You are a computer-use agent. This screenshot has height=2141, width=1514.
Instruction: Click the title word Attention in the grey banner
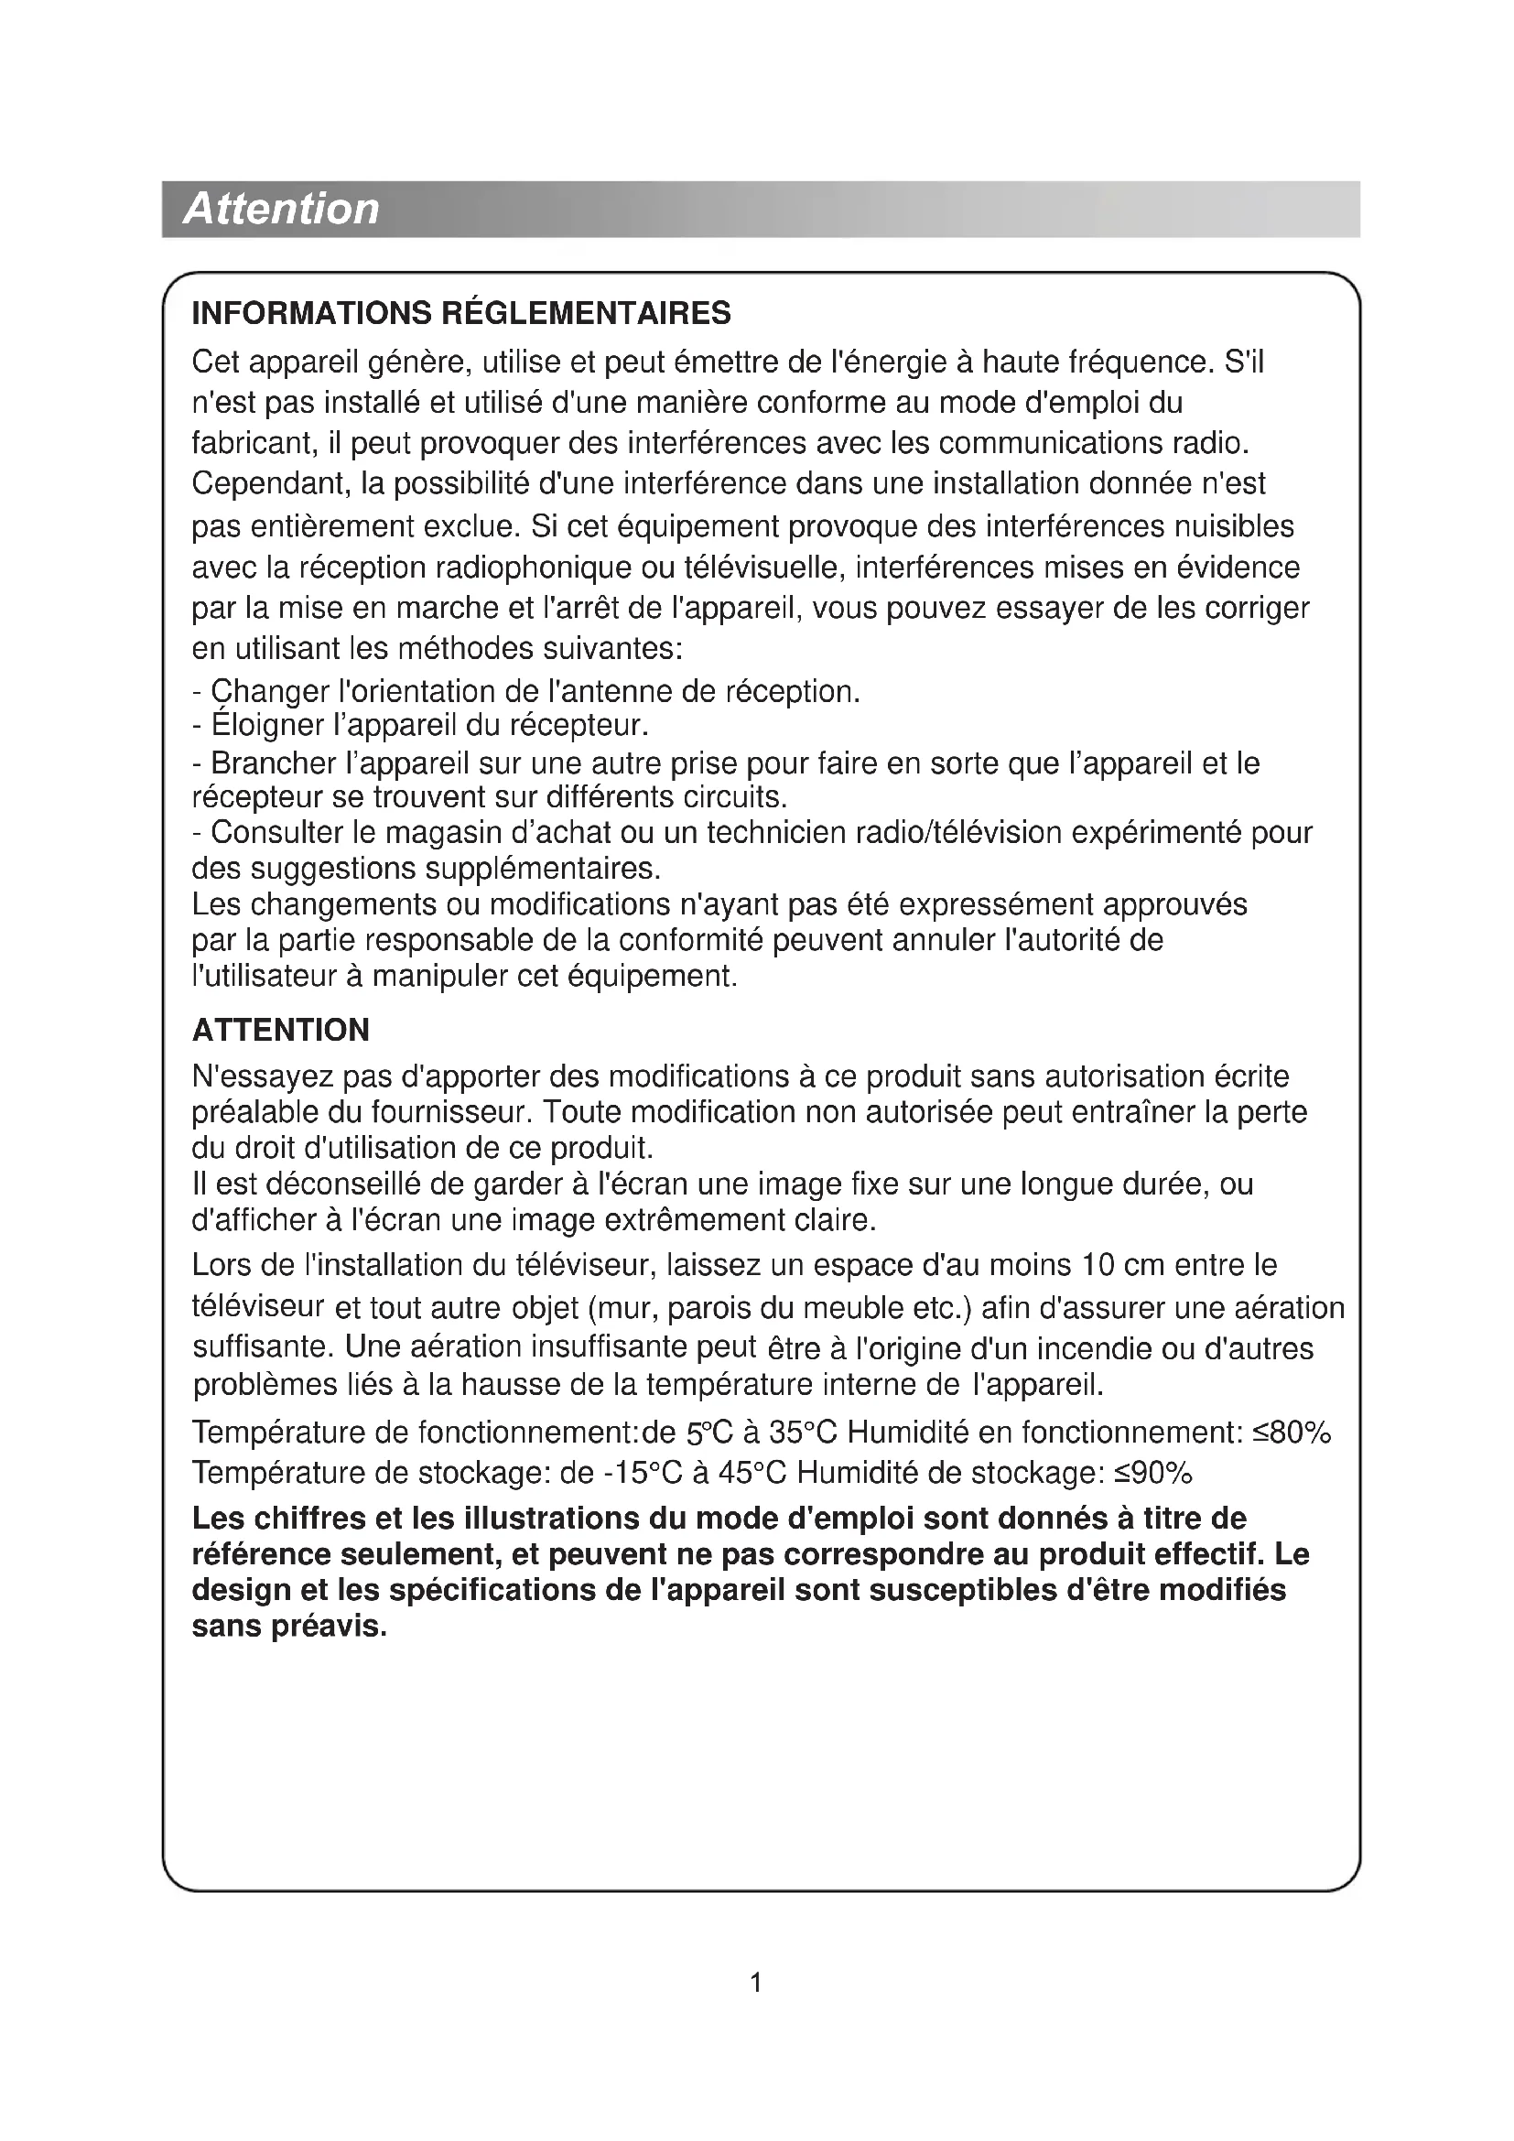pos(282,208)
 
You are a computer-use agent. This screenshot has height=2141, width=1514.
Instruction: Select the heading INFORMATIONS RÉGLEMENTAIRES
pos(461,313)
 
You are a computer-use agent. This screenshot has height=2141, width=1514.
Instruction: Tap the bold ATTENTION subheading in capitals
pos(281,1030)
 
